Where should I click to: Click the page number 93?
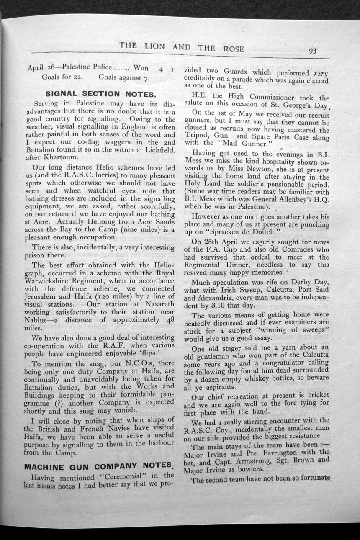coord(312,51)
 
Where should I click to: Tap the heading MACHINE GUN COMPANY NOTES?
coord(99,466)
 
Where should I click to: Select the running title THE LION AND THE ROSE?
coord(182,47)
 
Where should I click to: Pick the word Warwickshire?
coord(53,281)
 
